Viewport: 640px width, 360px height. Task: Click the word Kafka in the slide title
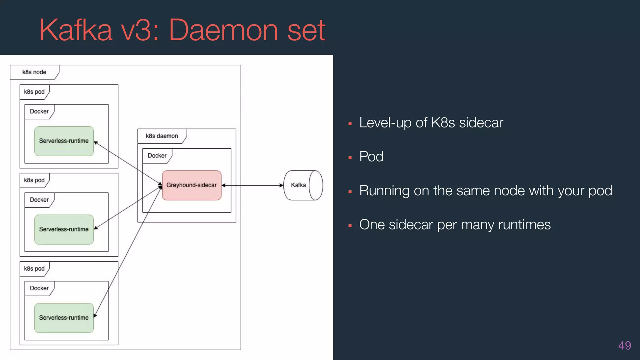[x=75, y=30]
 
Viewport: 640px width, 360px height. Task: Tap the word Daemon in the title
[x=223, y=30]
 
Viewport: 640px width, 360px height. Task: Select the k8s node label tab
[x=34, y=72]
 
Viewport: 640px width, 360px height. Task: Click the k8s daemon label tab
[x=162, y=136]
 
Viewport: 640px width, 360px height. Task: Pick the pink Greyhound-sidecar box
[x=192, y=185]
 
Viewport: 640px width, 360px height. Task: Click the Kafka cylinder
[x=302, y=185]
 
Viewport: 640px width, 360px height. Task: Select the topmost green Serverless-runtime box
[x=64, y=141]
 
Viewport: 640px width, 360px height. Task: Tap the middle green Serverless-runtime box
[x=64, y=229]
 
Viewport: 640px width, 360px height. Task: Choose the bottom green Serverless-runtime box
[x=64, y=318]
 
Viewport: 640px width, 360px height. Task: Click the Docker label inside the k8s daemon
[x=157, y=156]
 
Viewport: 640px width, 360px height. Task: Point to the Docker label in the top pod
[x=39, y=112]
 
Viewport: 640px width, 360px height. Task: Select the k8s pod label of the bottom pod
[x=34, y=269]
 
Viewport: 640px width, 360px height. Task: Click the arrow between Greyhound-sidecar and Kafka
[x=252, y=185]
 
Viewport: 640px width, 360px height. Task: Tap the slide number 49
[x=624, y=346]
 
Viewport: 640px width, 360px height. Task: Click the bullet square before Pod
[x=350, y=158]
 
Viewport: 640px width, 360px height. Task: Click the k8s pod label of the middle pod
[x=34, y=180]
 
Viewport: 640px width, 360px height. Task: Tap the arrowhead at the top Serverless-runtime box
[x=96, y=143]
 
